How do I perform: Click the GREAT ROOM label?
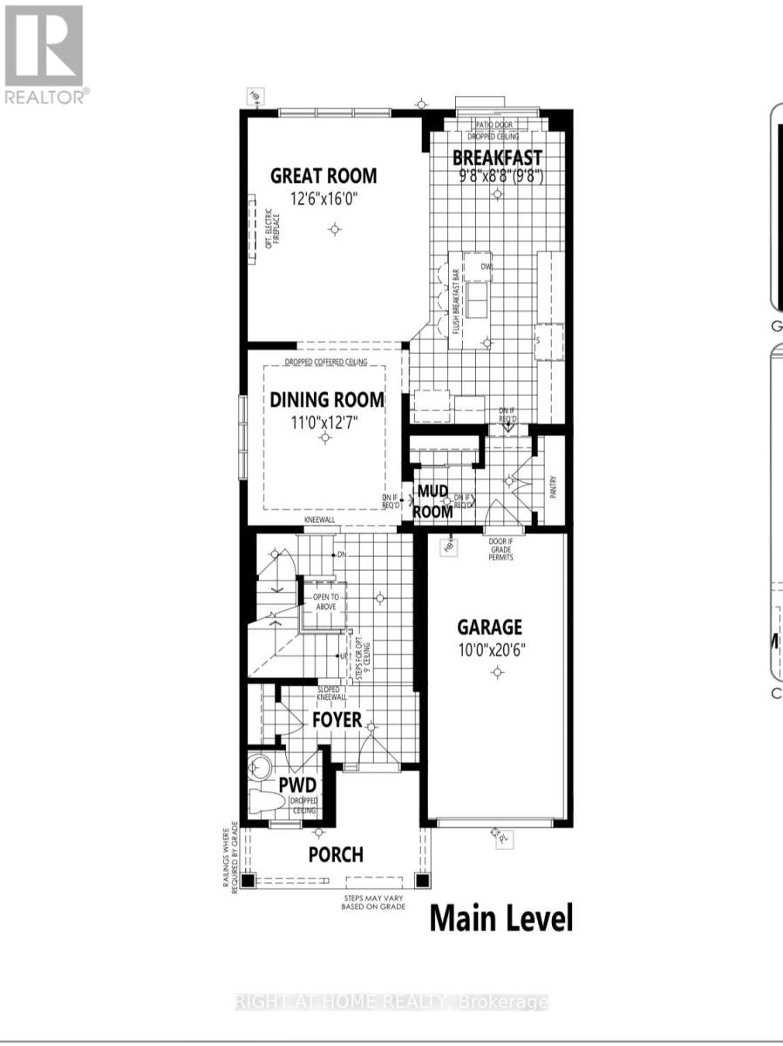[323, 175]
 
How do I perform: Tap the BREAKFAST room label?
[497, 158]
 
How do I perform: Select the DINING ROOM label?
[326, 400]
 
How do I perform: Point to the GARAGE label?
[490, 627]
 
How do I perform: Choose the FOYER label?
[337, 721]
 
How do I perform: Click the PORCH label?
[336, 854]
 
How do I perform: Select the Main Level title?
[501, 918]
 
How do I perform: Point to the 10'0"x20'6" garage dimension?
[490, 649]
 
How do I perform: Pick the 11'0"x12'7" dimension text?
[326, 423]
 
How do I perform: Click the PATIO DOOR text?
[495, 126]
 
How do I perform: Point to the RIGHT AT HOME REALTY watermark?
[391, 1002]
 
